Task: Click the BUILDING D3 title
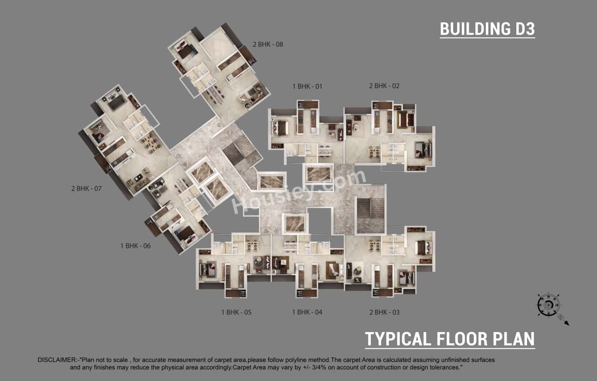click(x=487, y=29)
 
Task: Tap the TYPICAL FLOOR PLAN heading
click(x=450, y=339)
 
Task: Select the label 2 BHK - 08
click(x=268, y=45)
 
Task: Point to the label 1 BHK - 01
click(x=307, y=86)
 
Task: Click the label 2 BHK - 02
click(x=384, y=86)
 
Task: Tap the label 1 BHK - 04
click(x=307, y=312)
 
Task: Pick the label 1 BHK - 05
click(x=236, y=312)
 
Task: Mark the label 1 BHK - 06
click(x=135, y=246)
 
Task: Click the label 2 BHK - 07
click(x=86, y=189)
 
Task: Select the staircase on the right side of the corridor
click(x=369, y=215)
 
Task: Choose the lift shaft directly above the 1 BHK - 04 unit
click(x=295, y=223)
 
